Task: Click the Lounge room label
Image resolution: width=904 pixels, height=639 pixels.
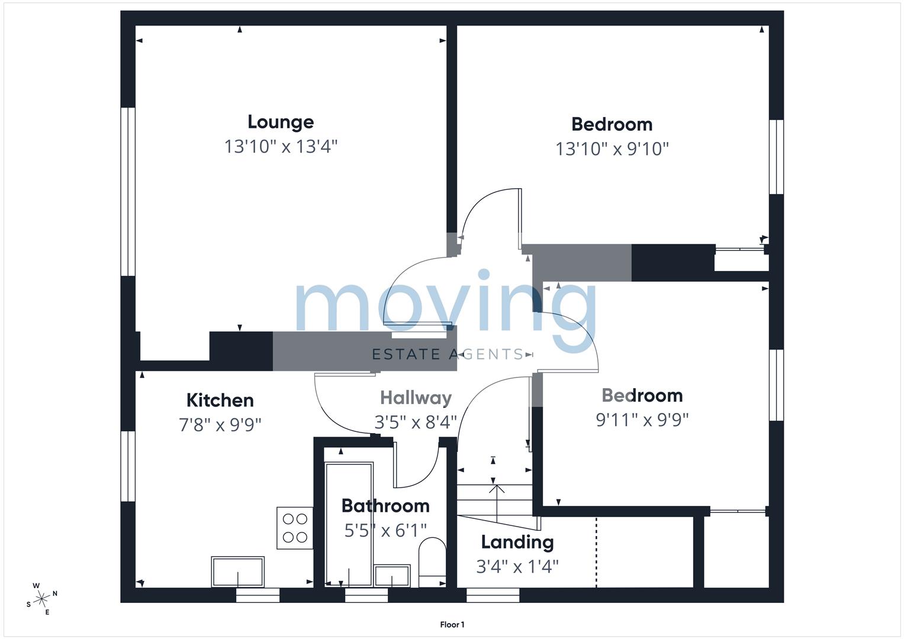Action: (281, 122)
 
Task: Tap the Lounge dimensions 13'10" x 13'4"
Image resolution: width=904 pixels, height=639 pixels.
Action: (281, 147)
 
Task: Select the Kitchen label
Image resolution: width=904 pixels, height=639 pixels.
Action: (220, 400)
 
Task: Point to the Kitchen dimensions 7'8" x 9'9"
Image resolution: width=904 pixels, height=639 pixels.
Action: (220, 425)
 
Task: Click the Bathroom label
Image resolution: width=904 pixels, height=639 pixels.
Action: (385, 506)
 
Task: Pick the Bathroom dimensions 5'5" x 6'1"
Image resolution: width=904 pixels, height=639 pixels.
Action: (385, 531)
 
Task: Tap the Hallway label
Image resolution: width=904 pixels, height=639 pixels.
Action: (416, 398)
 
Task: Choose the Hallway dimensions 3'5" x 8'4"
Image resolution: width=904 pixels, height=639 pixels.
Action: (416, 422)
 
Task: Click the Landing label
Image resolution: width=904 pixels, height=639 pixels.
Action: (517, 543)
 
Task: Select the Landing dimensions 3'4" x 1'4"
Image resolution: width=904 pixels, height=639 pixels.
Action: (517, 567)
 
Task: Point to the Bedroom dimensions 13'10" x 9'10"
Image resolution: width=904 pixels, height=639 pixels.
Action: (612, 149)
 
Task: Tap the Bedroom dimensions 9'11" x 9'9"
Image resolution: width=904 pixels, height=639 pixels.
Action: (642, 420)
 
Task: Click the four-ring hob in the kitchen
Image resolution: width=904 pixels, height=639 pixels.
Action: (295, 528)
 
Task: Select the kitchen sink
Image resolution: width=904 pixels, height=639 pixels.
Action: (238, 572)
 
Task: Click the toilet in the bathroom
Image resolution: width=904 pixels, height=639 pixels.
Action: (432, 562)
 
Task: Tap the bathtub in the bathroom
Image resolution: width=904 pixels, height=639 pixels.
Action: (349, 525)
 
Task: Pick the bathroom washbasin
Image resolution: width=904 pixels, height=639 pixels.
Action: (392, 576)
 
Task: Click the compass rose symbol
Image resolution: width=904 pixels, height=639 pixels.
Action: (41, 599)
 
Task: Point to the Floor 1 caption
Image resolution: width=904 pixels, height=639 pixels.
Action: (452, 625)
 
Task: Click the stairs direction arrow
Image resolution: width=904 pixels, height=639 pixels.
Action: (496, 504)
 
